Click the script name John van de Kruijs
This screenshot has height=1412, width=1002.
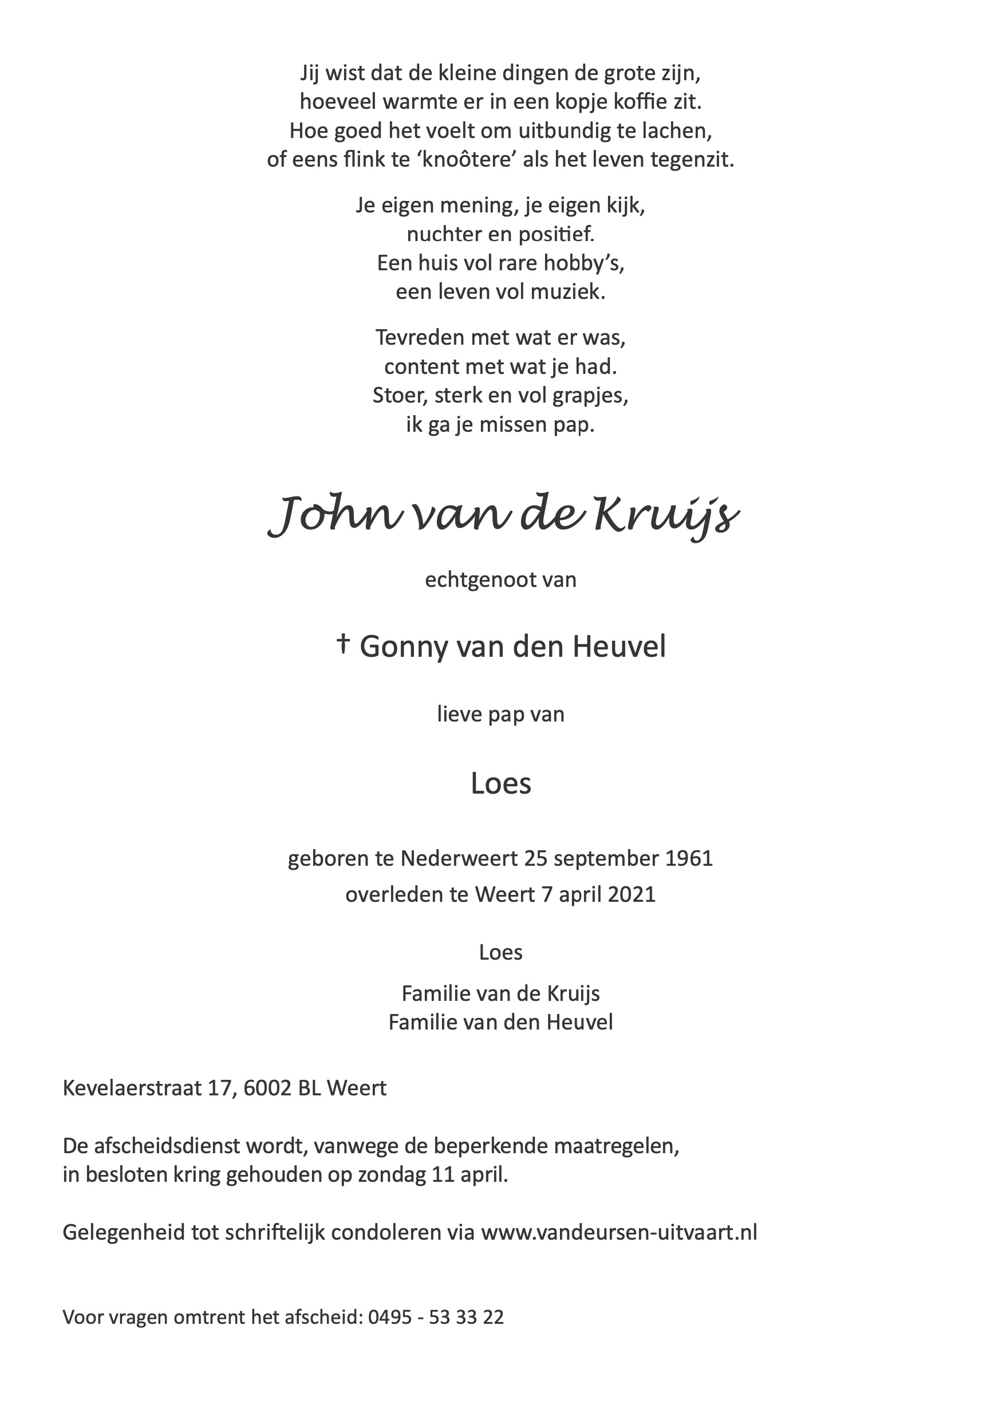click(x=502, y=517)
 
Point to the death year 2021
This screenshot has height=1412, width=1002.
click(x=631, y=894)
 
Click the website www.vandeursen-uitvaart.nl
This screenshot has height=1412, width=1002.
click(x=619, y=1232)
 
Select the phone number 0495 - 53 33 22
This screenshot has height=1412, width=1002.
click(x=436, y=1318)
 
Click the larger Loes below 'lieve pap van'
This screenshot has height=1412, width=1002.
click(x=500, y=783)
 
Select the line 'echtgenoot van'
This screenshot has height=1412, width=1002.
click(x=500, y=580)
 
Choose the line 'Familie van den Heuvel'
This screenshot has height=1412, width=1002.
click(x=500, y=1022)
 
